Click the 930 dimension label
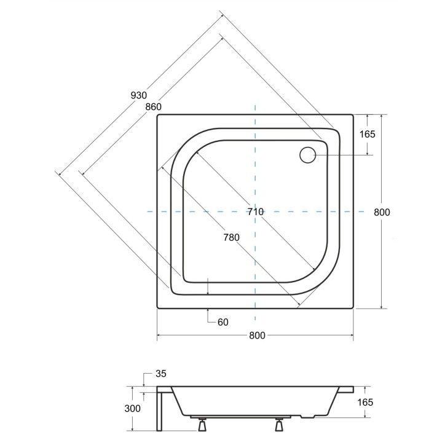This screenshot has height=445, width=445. point(139,95)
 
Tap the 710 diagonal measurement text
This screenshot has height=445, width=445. point(255,211)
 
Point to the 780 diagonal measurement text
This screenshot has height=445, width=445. point(231,237)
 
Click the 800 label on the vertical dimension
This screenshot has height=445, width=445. point(382,212)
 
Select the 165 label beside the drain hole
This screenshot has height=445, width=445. point(367,135)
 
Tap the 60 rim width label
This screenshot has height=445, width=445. point(222,321)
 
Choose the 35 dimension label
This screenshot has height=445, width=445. point(162,374)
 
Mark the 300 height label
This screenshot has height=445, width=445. point(132,409)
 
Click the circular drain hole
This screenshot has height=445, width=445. point(307,155)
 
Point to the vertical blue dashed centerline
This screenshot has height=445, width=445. point(255,172)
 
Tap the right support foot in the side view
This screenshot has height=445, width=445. point(280,422)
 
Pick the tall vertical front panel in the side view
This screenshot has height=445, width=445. point(161,411)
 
